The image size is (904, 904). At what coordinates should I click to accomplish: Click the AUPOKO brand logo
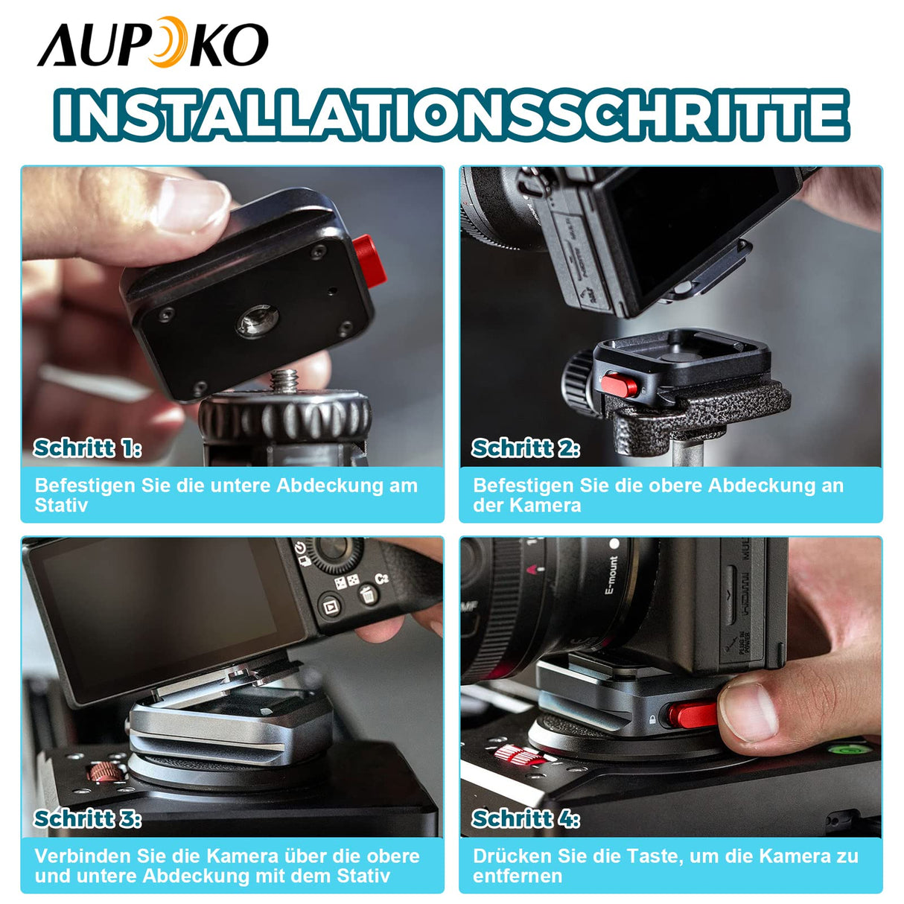pos(153,43)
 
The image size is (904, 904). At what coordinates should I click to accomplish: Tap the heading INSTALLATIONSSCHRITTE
pos(451,115)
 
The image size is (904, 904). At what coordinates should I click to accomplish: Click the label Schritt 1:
pos(87,448)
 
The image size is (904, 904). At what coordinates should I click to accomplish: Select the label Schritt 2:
pos(526,448)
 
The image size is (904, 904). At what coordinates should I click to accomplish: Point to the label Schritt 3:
pos(87,818)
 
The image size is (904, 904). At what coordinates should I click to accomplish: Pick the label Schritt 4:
pos(526,818)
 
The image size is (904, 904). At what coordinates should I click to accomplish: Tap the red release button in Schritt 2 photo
pos(620,384)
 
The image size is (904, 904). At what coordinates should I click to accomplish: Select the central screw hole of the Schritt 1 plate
pos(258,321)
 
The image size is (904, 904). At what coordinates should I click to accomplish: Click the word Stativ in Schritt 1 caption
pos(61,506)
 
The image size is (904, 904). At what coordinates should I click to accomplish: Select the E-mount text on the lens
pos(611,576)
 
